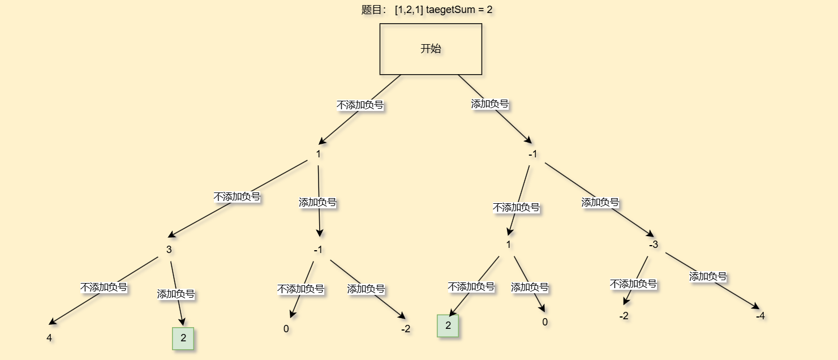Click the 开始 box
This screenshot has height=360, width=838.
[431, 49]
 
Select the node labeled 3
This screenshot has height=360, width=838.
[169, 250]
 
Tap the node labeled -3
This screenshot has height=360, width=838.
[654, 245]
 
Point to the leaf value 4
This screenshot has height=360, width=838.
[49, 338]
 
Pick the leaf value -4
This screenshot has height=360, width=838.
[760, 316]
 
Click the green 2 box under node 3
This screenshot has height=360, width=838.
[183, 338]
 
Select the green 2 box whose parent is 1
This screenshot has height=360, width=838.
[448, 325]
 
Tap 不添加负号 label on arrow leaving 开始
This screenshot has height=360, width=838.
[360, 105]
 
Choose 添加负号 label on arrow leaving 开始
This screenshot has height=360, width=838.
[490, 104]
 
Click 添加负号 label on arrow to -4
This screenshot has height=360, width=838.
[708, 276]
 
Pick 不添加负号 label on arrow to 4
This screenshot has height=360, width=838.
[104, 287]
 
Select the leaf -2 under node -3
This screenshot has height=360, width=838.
[624, 316]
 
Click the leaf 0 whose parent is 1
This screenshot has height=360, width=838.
[545, 322]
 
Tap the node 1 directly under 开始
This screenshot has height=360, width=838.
[318, 154]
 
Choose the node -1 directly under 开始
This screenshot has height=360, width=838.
[533, 154]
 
